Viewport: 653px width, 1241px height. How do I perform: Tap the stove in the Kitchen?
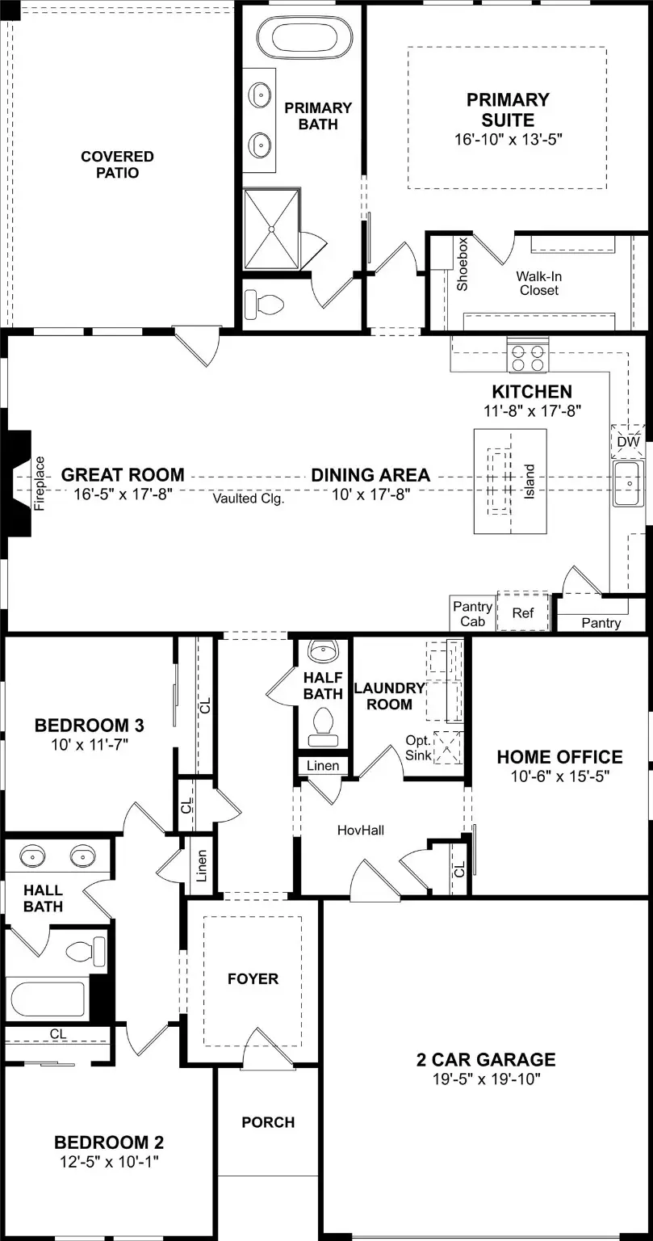[527, 355]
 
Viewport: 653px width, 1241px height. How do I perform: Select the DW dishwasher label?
[628, 442]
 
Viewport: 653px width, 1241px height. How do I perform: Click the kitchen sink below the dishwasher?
[628, 483]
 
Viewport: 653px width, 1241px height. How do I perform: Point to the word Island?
[530, 482]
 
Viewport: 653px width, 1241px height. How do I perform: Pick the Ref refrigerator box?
[523, 613]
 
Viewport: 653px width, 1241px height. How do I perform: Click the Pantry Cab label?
[472, 614]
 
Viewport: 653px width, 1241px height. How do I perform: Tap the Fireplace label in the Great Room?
[40, 483]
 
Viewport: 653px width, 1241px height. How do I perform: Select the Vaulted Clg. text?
[249, 499]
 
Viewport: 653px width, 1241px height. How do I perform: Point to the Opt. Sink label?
[418, 747]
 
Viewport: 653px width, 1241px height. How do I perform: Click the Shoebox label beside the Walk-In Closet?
[463, 264]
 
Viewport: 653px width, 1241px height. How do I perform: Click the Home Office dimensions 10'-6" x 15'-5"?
[559, 776]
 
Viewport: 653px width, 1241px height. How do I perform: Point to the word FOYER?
[253, 979]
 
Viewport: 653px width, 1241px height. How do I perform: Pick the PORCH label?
[268, 1122]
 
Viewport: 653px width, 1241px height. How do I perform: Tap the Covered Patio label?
[117, 165]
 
